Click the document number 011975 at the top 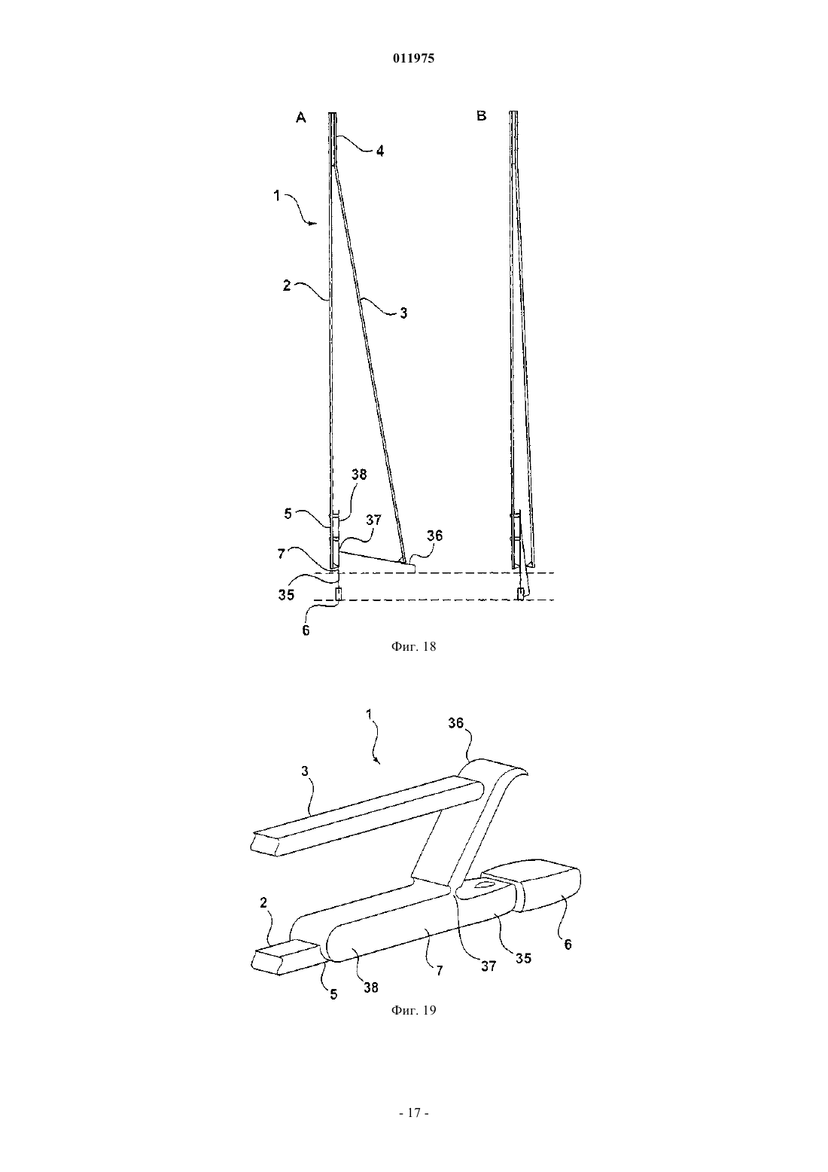point(413,59)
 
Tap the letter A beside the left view point(300,118)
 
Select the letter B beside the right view point(482,116)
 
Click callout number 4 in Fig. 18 point(380,151)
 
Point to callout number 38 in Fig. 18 point(359,475)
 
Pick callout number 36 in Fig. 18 point(434,536)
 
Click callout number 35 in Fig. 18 point(286,595)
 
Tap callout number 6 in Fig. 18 point(306,630)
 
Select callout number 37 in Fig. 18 point(373,520)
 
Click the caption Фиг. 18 point(413,647)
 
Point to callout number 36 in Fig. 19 point(456,722)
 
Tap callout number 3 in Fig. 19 point(306,771)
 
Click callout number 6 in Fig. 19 point(568,944)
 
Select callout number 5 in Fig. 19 point(333,993)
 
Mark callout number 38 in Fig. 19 point(371,987)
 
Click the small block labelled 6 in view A point(338,594)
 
